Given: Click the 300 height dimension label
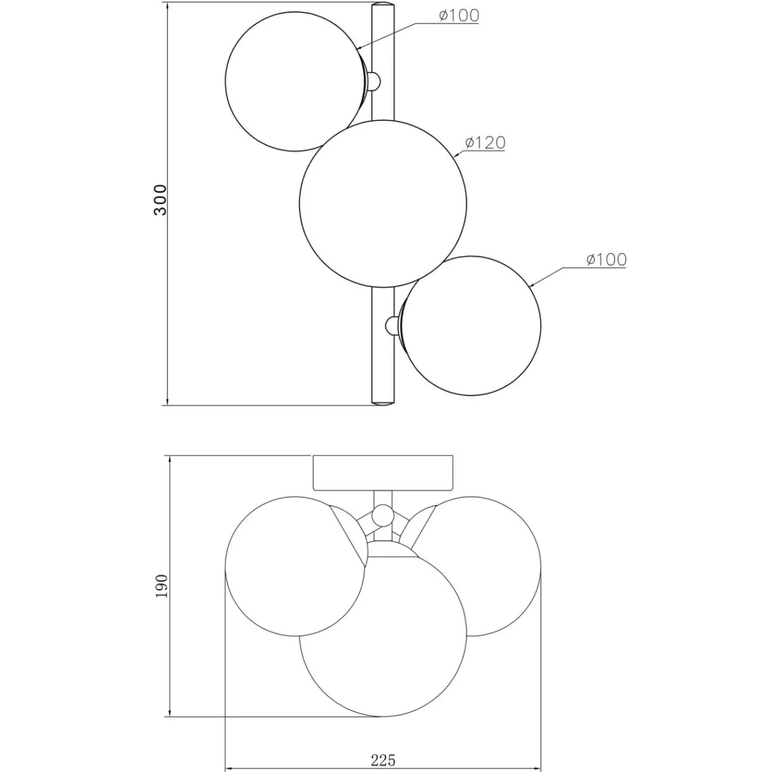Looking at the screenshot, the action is pos(160,200).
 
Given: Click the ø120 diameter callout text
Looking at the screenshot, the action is pos(485,142).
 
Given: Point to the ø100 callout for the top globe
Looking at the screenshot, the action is pos(459,16).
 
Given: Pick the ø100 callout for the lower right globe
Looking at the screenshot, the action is pos(606,259).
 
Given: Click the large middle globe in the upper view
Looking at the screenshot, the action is pos(383,203).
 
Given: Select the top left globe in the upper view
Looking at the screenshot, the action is pos(296,81).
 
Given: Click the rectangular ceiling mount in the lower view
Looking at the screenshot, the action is pos(383,473).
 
